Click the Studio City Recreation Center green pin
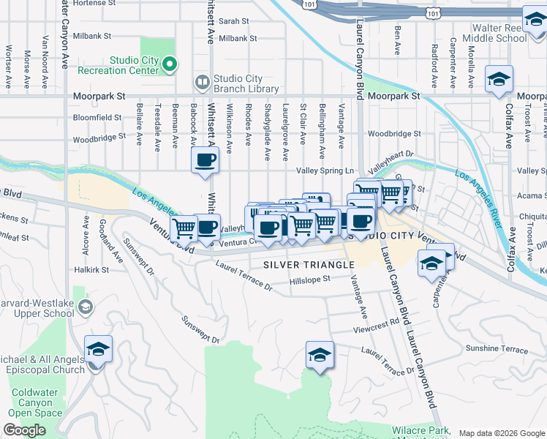(170, 65)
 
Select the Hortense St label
(92, 4)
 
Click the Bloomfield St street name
(97, 117)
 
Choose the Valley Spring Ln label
(325, 170)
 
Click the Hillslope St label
(310, 279)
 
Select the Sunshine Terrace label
(497, 349)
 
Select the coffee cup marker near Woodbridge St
(205, 159)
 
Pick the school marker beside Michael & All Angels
(98, 348)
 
